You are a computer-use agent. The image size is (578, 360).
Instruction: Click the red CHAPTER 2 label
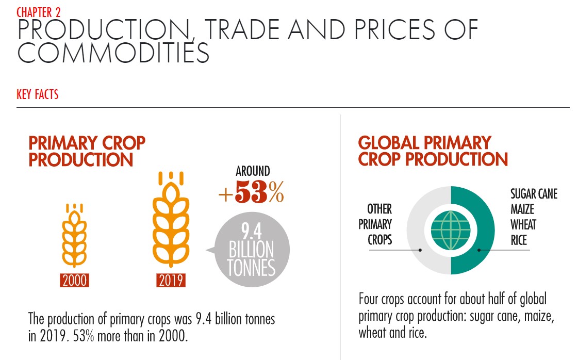(x=38, y=12)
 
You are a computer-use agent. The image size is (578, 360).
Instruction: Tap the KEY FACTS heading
(x=38, y=94)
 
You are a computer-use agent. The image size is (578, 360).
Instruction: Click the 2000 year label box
(x=74, y=281)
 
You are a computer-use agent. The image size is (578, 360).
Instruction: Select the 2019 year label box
(x=171, y=281)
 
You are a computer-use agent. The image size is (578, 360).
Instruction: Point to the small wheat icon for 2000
(x=74, y=235)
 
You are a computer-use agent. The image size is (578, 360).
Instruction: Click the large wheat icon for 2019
(x=171, y=220)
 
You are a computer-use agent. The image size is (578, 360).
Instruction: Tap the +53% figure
(x=251, y=192)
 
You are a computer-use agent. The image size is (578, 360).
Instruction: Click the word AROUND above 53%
(x=253, y=171)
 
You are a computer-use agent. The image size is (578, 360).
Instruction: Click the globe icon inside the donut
(x=451, y=230)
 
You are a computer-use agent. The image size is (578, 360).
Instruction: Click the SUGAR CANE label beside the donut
(x=534, y=193)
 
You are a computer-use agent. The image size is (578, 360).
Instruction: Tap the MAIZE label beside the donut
(x=522, y=209)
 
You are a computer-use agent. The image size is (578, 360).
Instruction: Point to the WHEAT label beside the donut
(x=523, y=225)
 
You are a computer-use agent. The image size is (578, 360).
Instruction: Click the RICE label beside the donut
(x=519, y=240)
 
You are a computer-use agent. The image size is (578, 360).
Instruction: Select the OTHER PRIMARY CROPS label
(x=375, y=224)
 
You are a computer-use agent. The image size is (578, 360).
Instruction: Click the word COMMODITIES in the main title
(x=113, y=53)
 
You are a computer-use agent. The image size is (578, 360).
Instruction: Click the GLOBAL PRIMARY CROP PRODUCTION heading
(x=433, y=151)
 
